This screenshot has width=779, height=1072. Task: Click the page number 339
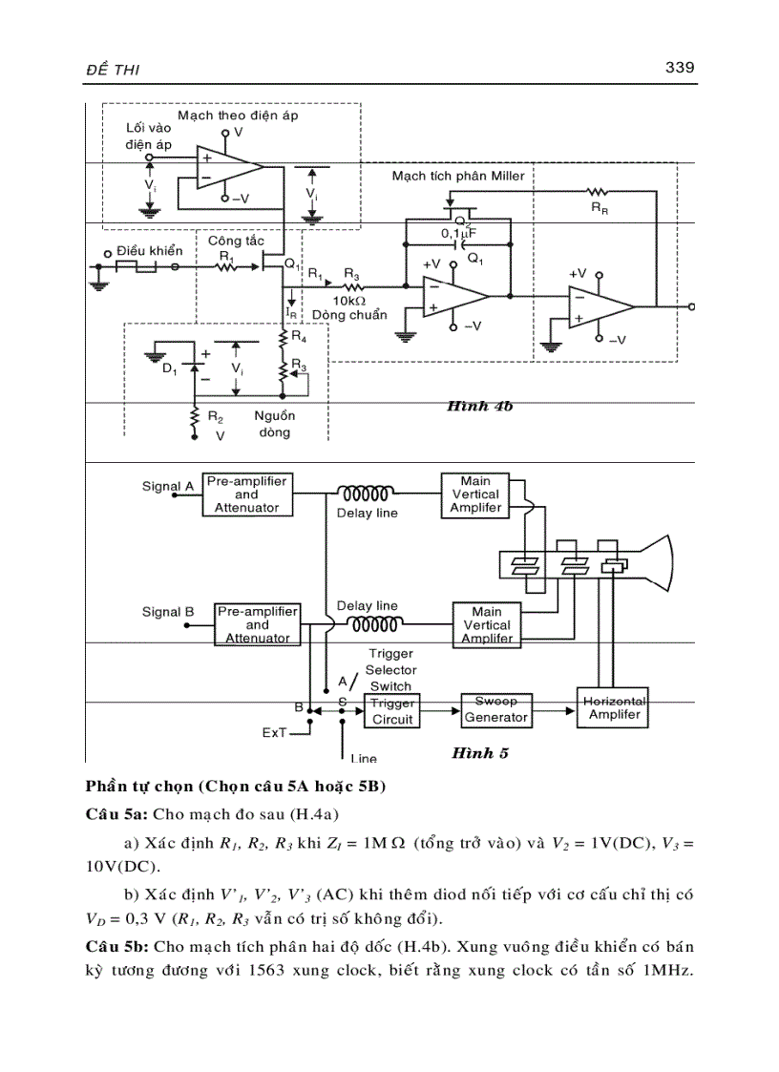(x=678, y=68)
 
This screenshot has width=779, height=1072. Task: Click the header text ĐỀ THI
(x=114, y=69)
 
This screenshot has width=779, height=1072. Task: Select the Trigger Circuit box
(x=392, y=710)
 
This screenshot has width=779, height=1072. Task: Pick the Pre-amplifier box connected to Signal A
(x=246, y=494)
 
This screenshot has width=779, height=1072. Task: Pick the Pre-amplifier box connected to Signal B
(x=257, y=624)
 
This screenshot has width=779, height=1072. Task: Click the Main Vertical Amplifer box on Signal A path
(x=475, y=494)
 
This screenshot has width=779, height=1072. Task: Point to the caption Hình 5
(x=480, y=753)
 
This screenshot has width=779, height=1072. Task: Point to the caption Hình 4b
(x=479, y=406)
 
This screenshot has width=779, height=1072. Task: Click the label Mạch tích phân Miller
(x=458, y=177)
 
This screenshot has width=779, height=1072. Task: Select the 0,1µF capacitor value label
(x=458, y=233)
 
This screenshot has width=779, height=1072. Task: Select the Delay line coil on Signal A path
(x=367, y=494)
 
